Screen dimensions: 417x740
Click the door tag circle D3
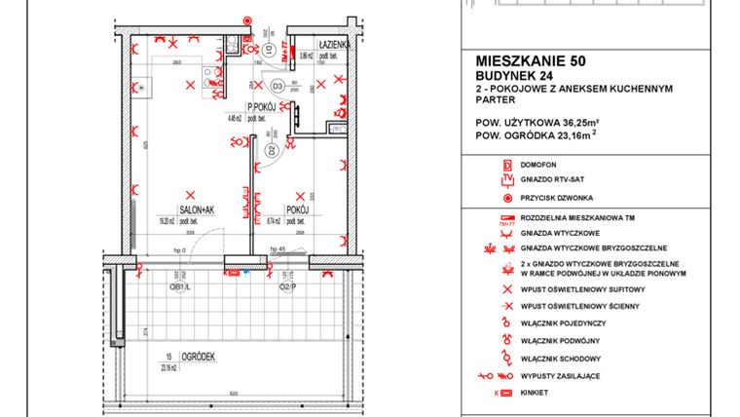tap(277, 87)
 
